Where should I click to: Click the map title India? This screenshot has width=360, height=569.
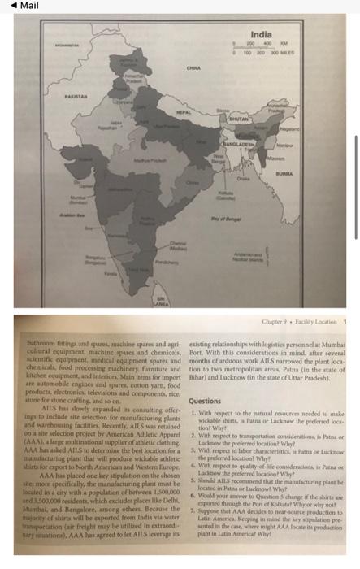pyautogui.click(x=261, y=34)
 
